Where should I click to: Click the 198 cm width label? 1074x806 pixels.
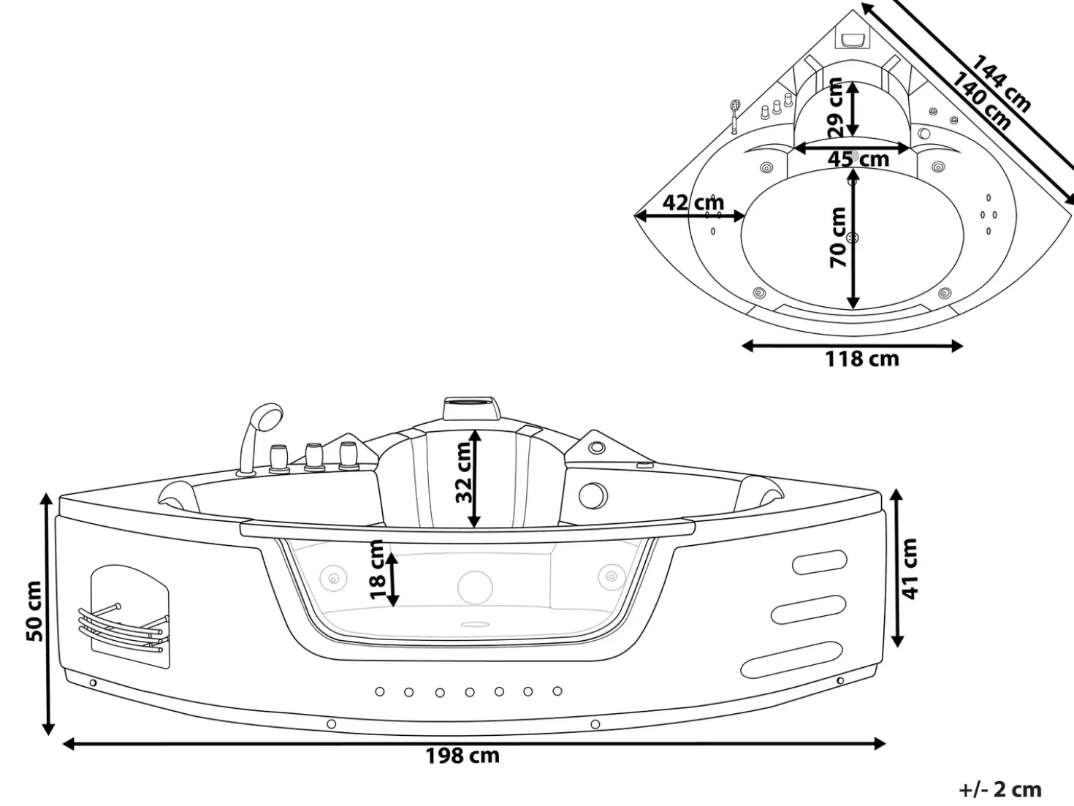[x=462, y=756]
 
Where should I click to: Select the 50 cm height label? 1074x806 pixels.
[x=34, y=611]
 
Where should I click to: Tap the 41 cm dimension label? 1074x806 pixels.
[x=909, y=569]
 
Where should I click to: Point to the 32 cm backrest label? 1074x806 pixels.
[x=463, y=472]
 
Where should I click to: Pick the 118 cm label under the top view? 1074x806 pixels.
[x=862, y=360]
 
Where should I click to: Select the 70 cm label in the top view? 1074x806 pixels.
[x=838, y=237]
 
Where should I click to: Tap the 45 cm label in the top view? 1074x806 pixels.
[x=858, y=159]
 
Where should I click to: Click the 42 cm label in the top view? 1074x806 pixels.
[x=693, y=202]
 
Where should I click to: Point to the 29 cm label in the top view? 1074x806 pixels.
[x=835, y=107]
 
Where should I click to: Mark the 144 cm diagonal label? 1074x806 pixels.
[x=1001, y=83]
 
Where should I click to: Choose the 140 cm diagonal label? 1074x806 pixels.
[x=980, y=102]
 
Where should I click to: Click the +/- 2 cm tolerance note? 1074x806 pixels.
[x=1000, y=789]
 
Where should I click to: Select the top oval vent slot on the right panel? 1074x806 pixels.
[x=820, y=562]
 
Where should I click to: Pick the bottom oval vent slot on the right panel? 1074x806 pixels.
[x=792, y=659]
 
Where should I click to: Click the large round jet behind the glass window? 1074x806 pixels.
[x=475, y=588]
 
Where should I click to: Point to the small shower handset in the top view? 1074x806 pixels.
[x=734, y=116]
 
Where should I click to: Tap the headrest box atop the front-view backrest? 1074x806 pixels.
[x=472, y=408]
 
